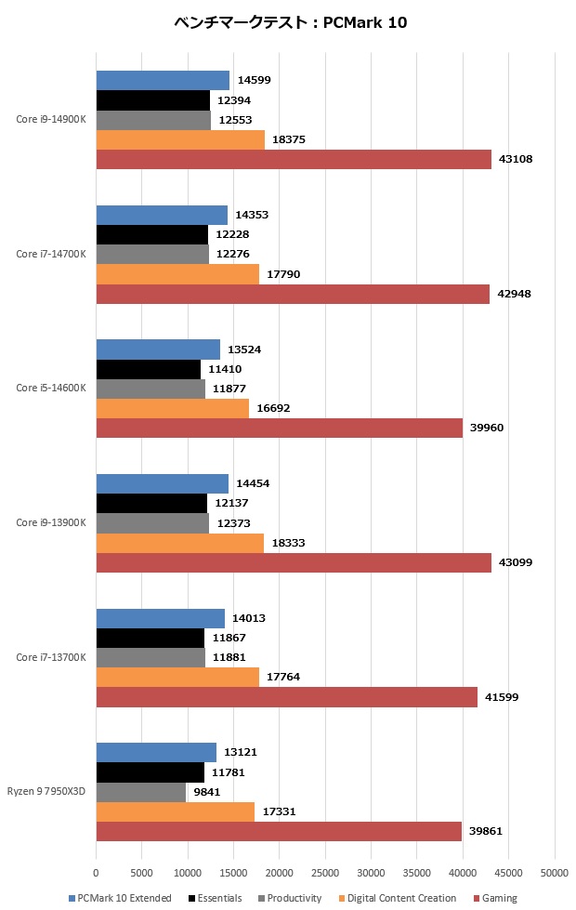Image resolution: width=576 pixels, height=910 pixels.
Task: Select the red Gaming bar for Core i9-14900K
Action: [294, 160]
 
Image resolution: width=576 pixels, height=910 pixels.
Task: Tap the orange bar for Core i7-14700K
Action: [177, 274]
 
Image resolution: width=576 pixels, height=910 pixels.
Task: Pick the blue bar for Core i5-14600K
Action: [158, 349]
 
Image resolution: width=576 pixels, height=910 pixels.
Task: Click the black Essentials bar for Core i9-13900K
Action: [151, 503]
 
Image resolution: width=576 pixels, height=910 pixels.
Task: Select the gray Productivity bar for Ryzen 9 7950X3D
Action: [140, 792]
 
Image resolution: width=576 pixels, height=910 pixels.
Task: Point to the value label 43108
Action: [516, 160]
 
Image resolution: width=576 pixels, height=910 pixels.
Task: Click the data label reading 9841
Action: [206, 792]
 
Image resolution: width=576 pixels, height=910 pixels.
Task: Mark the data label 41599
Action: [502, 697]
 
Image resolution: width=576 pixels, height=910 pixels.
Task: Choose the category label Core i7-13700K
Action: [51, 657]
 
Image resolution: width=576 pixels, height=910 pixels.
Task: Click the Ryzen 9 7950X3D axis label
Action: [46, 792]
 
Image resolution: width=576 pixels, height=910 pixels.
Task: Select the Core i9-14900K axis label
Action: [51, 119]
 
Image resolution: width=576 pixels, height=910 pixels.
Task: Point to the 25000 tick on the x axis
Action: [325, 875]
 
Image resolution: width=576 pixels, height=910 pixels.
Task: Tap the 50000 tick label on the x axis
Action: [555, 875]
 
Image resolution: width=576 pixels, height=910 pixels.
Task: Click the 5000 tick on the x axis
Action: [141, 875]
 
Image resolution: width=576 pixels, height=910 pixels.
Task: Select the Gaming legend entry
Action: [499, 898]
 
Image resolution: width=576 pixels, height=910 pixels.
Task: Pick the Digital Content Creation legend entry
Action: [399, 898]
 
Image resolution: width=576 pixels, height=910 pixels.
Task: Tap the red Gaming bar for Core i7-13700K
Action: [286, 697]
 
